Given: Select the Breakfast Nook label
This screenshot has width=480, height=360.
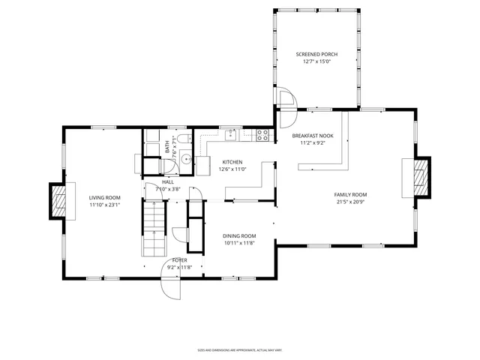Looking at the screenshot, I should pyautogui.click(x=313, y=136).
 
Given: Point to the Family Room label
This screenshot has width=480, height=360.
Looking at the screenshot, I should pyautogui.click(x=350, y=194).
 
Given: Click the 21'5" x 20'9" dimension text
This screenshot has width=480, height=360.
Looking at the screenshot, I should pyautogui.click(x=350, y=202).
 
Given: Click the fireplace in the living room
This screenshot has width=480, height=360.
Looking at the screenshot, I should pyautogui.click(x=58, y=200).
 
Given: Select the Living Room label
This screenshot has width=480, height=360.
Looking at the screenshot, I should pyautogui.click(x=105, y=197).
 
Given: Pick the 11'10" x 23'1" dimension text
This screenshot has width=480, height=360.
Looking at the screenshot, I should pyautogui.click(x=105, y=205).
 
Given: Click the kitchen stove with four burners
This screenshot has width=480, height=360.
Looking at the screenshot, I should pyautogui.click(x=263, y=135).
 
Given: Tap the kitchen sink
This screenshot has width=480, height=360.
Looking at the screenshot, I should pyautogui.click(x=231, y=135).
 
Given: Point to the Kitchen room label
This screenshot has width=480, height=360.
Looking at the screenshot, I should pyautogui.click(x=232, y=162).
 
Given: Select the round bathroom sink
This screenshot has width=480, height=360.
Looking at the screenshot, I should pyautogui.click(x=185, y=158).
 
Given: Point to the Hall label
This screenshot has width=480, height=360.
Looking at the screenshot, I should pyautogui.click(x=168, y=181).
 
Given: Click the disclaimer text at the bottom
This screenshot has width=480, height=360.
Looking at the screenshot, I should pyautogui.click(x=239, y=349).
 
